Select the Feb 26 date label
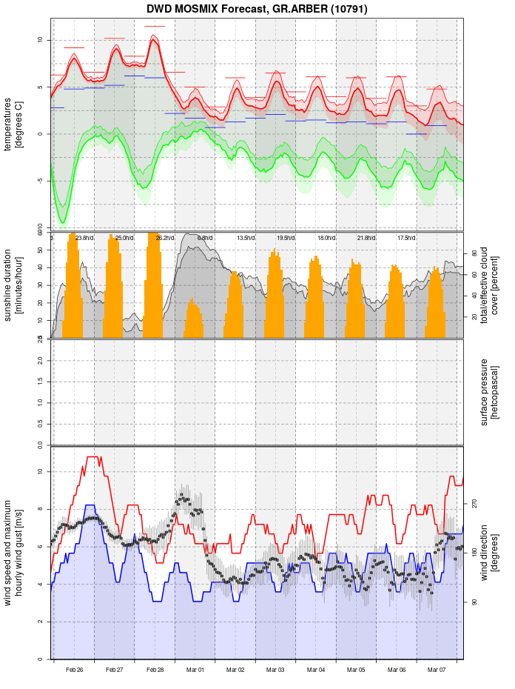point(74,669)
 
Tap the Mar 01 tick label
point(195,669)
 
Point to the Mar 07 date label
point(437,669)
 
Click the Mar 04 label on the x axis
point(316,669)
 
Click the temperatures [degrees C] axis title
point(13,124)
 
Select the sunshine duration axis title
point(13,285)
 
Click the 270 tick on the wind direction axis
point(474,503)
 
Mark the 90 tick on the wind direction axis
point(474,602)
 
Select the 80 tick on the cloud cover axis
point(474,253)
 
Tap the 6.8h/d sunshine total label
point(205,238)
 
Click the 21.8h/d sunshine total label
point(366,238)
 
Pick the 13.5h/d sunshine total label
point(245,238)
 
